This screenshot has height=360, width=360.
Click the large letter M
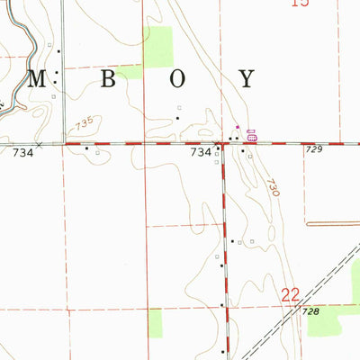click(37, 78)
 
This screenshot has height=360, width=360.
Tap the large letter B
click(108, 78)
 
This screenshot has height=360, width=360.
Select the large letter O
click(177, 78)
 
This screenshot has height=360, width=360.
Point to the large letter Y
click(247, 78)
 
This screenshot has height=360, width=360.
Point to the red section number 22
click(290, 293)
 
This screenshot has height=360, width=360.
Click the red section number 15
click(301, 4)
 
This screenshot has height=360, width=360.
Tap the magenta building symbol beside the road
click(252, 137)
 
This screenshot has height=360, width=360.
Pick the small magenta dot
click(237, 127)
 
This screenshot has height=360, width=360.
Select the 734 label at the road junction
click(201, 153)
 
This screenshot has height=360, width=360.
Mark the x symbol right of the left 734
click(40, 144)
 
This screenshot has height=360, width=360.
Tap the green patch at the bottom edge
click(155, 322)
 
